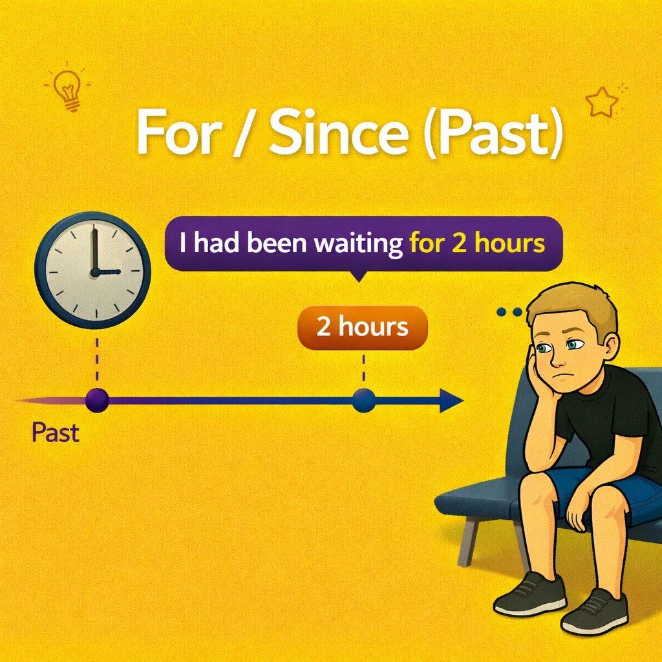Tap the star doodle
(601, 101)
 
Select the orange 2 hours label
(362, 328)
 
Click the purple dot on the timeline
(97, 401)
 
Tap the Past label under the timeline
(56, 432)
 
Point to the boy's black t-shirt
(608, 414)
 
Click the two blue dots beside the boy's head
(509, 312)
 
